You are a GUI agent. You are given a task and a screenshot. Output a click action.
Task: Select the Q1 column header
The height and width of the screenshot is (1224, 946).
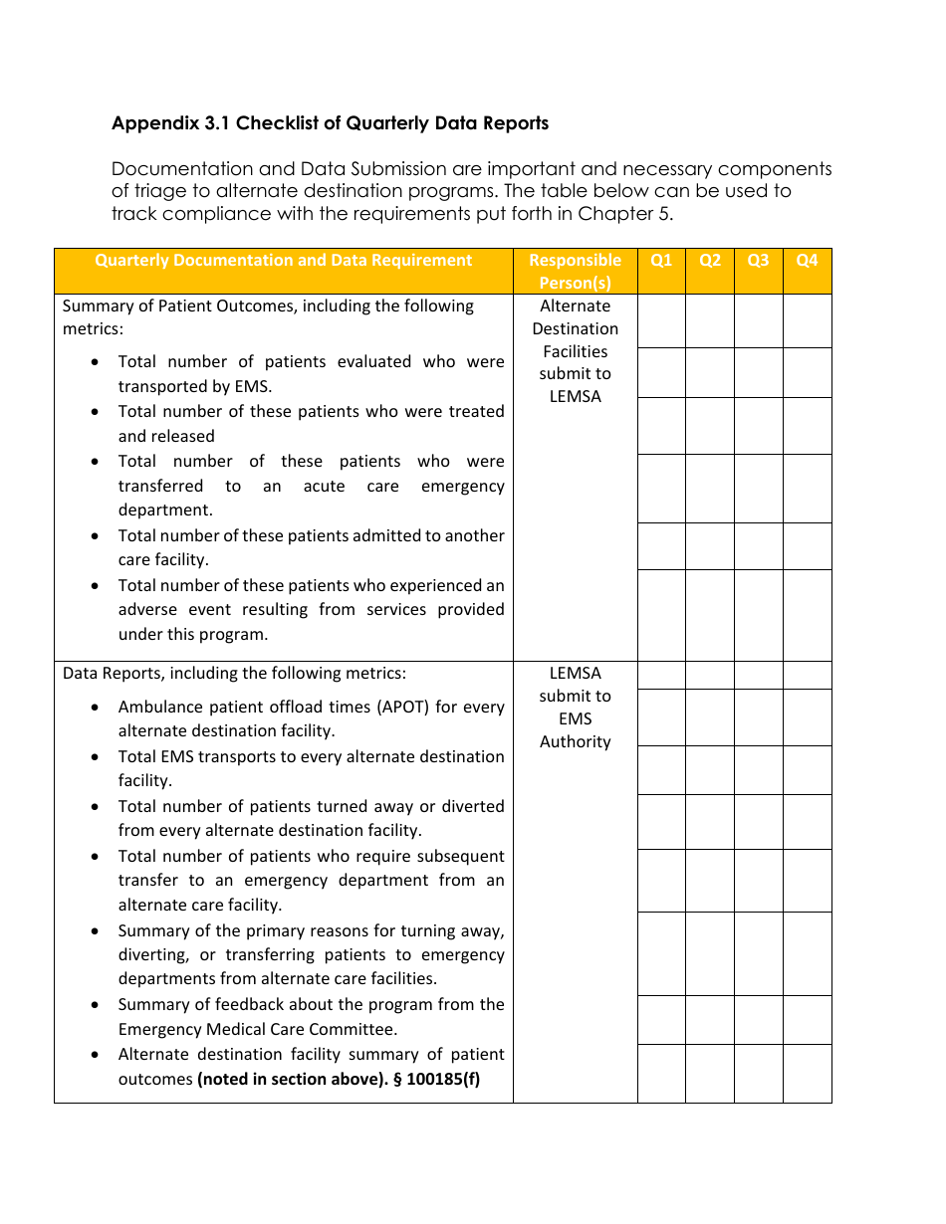tap(661, 261)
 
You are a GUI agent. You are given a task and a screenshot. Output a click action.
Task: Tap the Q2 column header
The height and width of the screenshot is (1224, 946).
tap(710, 261)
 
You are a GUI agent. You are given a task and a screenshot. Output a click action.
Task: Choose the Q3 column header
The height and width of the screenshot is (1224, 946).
tap(759, 261)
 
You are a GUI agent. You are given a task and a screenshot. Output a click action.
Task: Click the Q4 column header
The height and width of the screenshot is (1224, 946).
tap(807, 261)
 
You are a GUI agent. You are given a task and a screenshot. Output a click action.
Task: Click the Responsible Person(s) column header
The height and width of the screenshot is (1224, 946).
tap(575, 272)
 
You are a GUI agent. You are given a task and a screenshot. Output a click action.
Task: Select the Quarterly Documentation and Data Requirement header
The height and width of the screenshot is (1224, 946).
tap(283, 261)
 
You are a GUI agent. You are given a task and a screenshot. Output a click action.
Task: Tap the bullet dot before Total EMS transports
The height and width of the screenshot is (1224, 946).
tap(95, 757)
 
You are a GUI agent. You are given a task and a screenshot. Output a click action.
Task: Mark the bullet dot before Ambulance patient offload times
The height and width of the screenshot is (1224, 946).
tap(95, 708)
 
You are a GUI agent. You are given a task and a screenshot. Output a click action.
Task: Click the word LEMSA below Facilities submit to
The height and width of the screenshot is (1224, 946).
tap(575, 397)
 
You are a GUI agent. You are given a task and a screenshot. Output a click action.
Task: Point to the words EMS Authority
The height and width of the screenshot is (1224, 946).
tap(575, 730)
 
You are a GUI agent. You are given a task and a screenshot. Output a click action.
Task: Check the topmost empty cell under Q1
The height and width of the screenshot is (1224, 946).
tap(661, 320)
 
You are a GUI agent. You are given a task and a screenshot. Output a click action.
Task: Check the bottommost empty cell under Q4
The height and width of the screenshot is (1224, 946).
tap(807, 1073)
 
